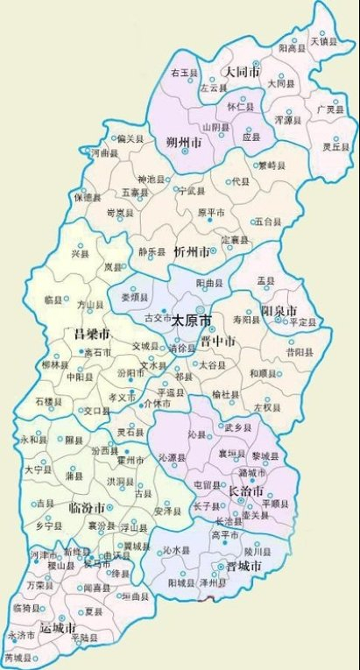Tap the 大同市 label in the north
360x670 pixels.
[x=242, y=74]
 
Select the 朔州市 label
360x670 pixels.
[x=186, y=142]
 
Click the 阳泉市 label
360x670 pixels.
[x=279, y=312]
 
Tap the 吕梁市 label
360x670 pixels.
[x=92, y=335]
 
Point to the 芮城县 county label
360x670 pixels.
[x=18, y=657]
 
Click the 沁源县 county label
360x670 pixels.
[x=173, y=458]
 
